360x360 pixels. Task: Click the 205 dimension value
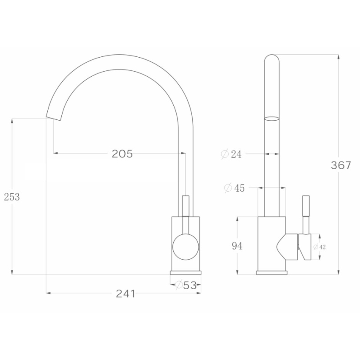(122, 154)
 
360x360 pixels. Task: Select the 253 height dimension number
(12, 197)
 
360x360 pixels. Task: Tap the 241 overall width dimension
(125, 294)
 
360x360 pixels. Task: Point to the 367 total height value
(341, 165)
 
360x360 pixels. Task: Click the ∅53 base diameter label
(185, 285)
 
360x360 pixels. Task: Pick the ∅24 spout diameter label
(231, 154)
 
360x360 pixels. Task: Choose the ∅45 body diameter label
(234, 188)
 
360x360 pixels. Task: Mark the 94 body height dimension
(237, 246)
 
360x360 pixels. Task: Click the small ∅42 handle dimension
(319, 247)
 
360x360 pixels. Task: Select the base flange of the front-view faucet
(185, 272)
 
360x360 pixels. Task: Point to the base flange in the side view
(272, 272)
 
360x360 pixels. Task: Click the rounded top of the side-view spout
(272, 58)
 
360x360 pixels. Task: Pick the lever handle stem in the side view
(306, 212)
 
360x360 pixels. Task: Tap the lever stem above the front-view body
(185, 206)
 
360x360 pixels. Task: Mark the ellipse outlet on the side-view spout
(272, 118)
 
